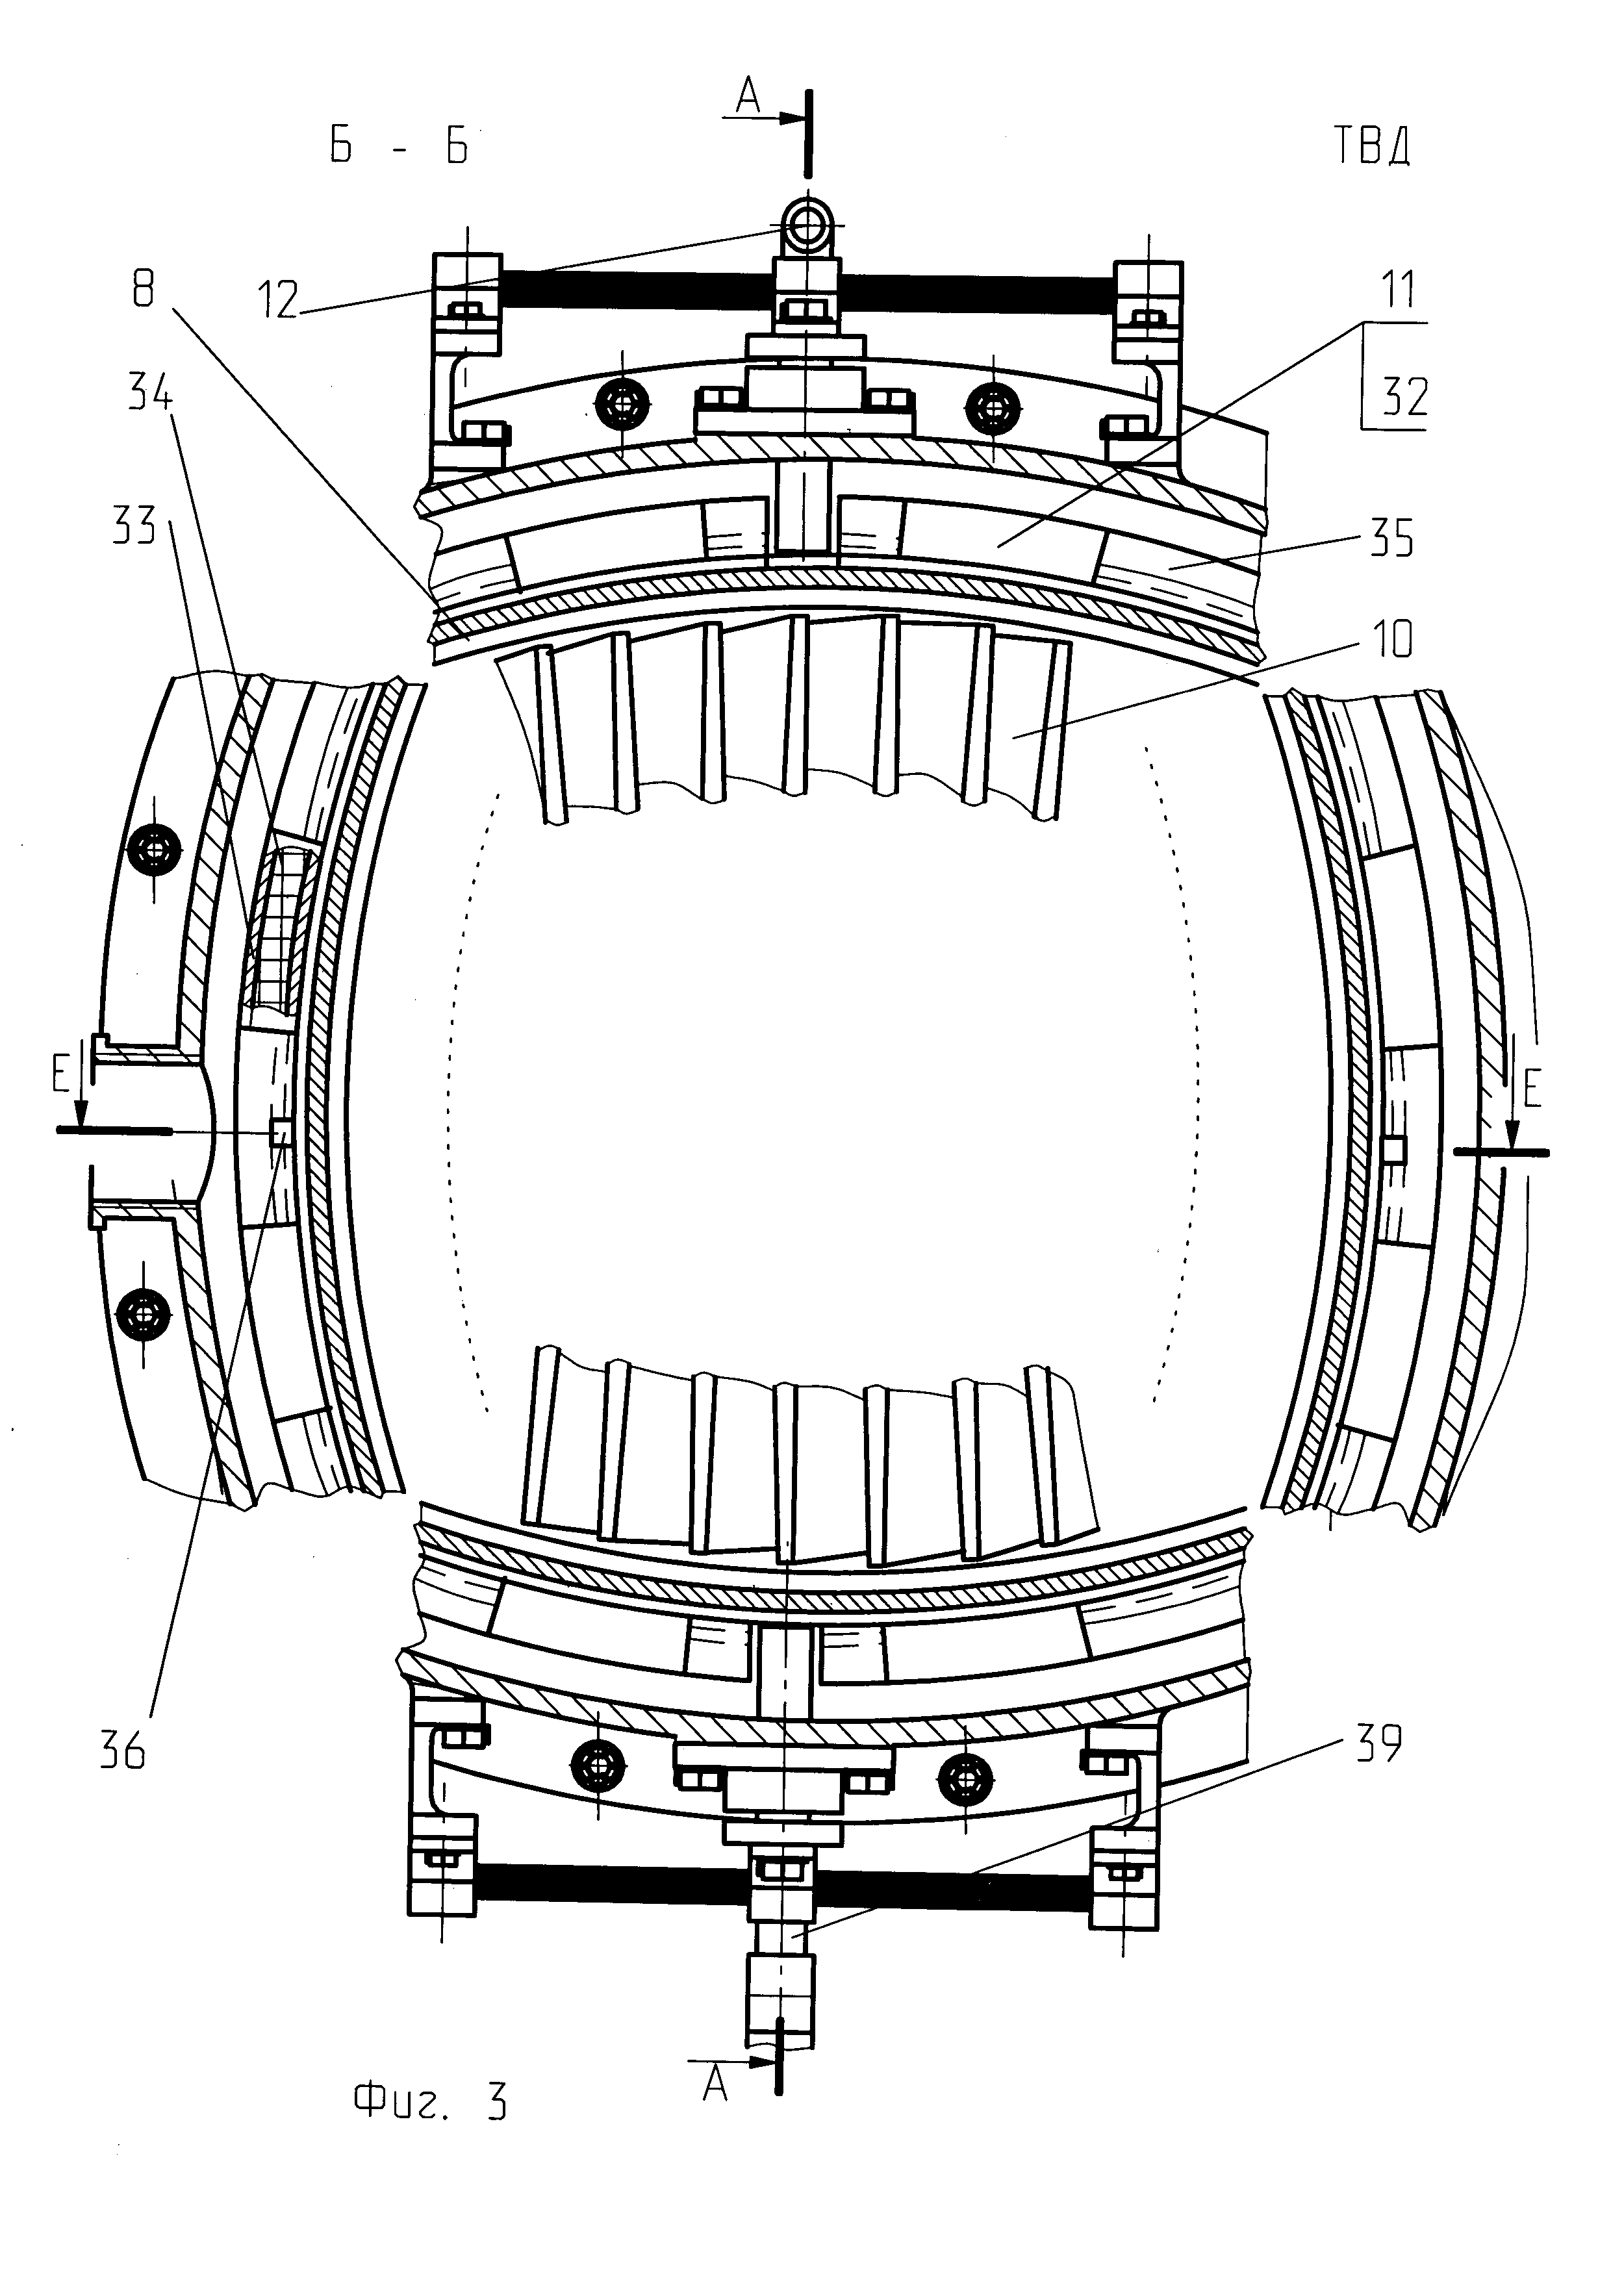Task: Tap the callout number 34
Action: pyautogui.click(x=150, y=396)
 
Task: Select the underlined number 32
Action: pyautogui.click(x=1404, y=398)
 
